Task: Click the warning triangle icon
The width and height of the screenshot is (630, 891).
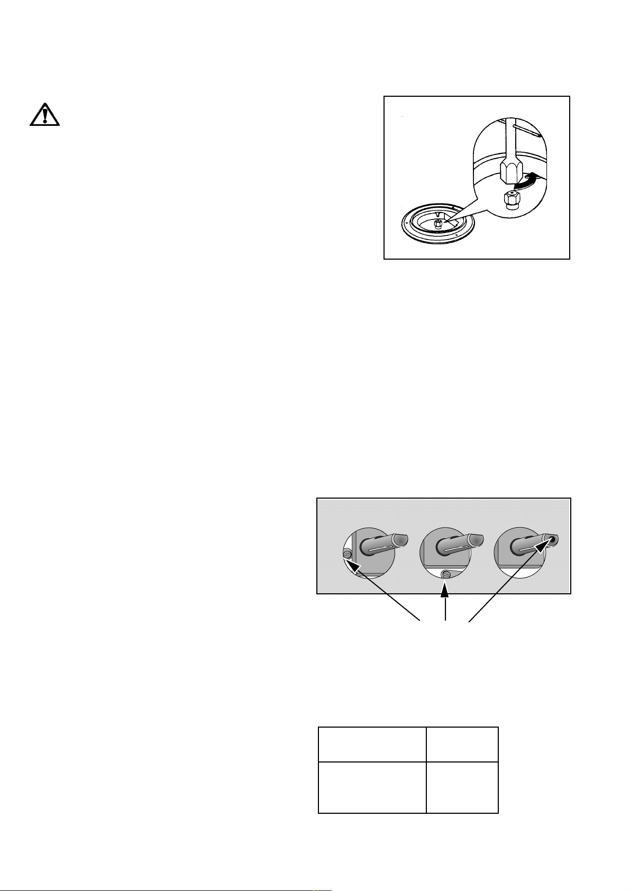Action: pyautogui.click(x=44, y=114)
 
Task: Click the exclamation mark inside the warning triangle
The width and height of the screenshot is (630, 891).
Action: pyautogui.click(x=44, y=115)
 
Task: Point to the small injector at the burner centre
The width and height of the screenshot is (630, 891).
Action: pyautogui.click(x=439, y=224)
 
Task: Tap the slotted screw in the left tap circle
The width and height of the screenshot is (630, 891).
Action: pyautogui.click(x=348, y=554)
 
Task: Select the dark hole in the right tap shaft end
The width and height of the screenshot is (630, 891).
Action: pyautogui.click(x=554, y=540)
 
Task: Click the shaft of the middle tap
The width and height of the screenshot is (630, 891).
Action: pyautogui.click(x=455, y=545)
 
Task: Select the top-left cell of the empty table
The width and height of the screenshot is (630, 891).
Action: pyautogui.click(x=372, y=744)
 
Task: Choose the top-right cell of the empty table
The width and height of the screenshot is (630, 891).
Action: pyautogui.click(x=462, y=744)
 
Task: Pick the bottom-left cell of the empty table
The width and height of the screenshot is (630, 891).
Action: pyautogui.click(x=372, y=787)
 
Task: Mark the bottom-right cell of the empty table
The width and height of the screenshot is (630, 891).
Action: pyautogui.click(x=462, y=787)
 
